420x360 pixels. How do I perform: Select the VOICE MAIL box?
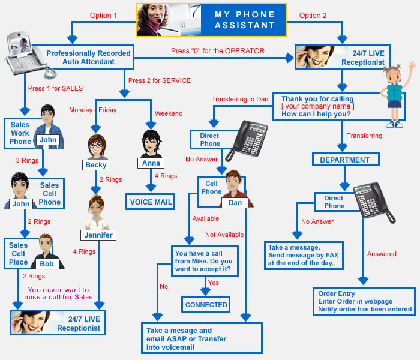coord(150,202)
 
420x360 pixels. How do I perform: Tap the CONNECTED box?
coord(206,304)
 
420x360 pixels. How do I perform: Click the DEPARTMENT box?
coord(344,160)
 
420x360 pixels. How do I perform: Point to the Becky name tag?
coord(95,164)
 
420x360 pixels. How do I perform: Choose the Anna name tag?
coord(150,163)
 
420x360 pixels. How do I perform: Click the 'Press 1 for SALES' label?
coord(55,88)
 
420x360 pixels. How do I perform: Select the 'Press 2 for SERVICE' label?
coord(158,80)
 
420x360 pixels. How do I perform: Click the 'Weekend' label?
coord(169,113)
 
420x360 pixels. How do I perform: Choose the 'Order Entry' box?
coord(364,302)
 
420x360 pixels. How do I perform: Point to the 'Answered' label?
coord(382,254)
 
